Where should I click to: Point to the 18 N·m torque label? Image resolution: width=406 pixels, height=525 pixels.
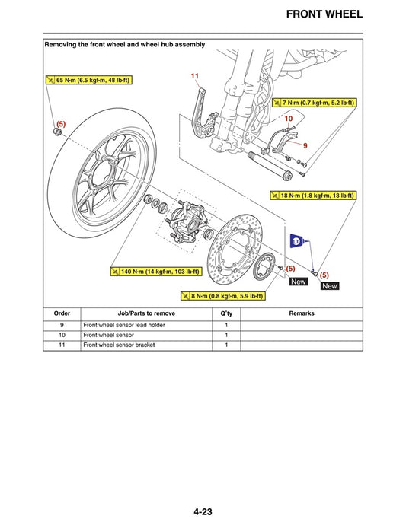tap(312, 196)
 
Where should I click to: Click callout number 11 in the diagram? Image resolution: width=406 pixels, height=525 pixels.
tap(194, 76)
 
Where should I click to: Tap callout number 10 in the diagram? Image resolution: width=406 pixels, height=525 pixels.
tap(289, 119)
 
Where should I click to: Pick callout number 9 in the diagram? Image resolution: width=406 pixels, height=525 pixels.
tap(305, 145)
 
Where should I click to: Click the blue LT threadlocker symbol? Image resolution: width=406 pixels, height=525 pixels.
tap(297, 242)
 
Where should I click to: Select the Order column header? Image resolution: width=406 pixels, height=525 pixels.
tap(62, 313)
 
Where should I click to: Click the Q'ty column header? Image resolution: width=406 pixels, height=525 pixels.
tap(226, 313)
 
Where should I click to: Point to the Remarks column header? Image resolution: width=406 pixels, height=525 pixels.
tap(302, 313)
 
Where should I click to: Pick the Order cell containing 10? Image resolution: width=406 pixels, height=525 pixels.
tap(62, 335)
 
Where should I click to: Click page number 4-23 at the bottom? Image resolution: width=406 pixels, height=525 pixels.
tap(202, 491)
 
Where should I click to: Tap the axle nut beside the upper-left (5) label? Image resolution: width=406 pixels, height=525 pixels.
tap(55, 134)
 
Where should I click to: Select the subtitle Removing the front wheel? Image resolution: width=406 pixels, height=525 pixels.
tap(125, 45)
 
